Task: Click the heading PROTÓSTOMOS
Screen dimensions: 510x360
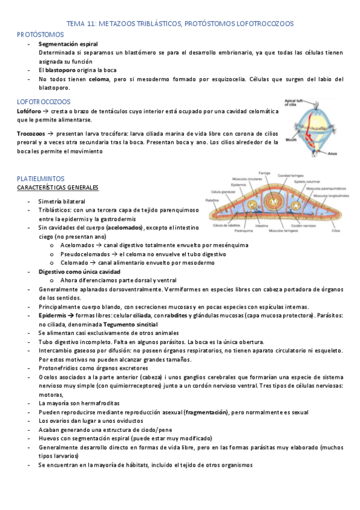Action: click(x=40, y=35)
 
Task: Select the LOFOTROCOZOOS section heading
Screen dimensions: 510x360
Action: click(x=44, y=102)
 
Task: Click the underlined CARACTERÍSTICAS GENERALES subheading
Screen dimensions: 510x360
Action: click(x=58, y=188)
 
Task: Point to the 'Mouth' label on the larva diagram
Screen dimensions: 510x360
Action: click(x=291, y=140)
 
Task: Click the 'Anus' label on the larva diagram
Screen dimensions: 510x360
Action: click(x=332, y=153)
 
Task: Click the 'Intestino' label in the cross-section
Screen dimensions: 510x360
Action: click(x=278, y=226)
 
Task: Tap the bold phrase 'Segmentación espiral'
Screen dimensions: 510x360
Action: click(x=68, y=45)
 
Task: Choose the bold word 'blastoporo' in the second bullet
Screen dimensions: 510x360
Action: click(x=61, y=70)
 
